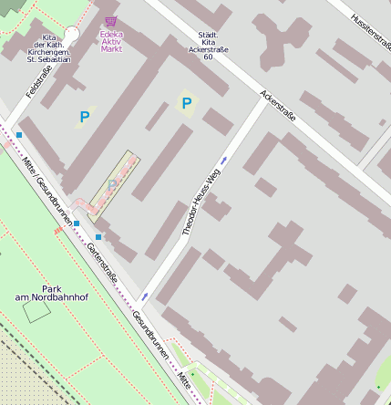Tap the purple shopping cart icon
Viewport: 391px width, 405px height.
(x=111, y=21)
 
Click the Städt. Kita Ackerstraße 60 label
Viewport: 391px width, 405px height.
(x=208, y=46)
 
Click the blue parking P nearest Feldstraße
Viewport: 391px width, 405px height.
(x=85, y=116)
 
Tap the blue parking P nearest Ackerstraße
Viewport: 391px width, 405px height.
(x=187, y=104)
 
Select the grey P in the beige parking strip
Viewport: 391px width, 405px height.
(x=113, y=185)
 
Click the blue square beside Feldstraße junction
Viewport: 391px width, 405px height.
(x=19, y=135)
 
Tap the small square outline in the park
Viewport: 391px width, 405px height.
(x=36, y=311)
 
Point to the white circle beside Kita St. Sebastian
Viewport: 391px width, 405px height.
(x=72, y=34)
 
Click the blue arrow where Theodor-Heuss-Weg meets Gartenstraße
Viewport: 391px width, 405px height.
(x=145, y=296)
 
